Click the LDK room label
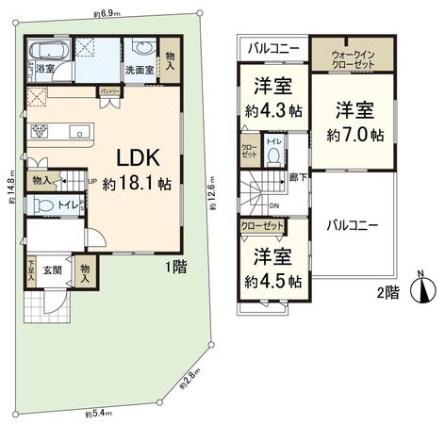click(x=130, y=157)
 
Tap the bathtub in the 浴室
click(x=44, y=50)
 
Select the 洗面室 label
click(x=142, y=70)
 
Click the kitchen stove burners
click(x=41, y=129)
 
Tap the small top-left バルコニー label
click(x=273, y=46)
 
